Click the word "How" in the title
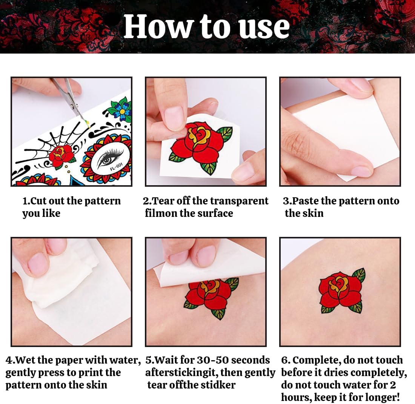tap(157, 26)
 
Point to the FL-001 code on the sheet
tap(117, 166)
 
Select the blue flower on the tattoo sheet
tap(122, 112)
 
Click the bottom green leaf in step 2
tap(209, 168)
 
